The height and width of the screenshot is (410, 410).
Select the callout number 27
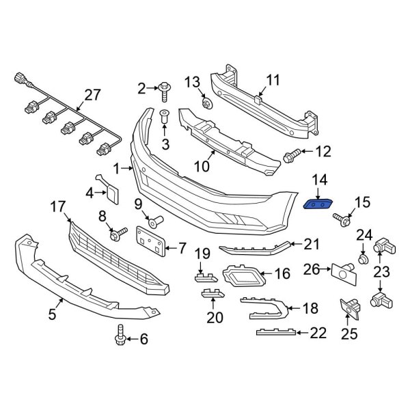point(92,95)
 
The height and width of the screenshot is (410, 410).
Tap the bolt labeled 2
point(165,88)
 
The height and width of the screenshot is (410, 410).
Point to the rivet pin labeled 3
point(165,119)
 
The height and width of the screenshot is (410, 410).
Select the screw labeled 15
point(342,219)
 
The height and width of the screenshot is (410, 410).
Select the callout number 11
point(273,81)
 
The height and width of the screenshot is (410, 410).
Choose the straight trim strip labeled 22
point(276,333)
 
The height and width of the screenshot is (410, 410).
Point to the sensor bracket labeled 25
point(351,310)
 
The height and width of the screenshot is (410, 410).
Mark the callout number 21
point(311,244)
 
